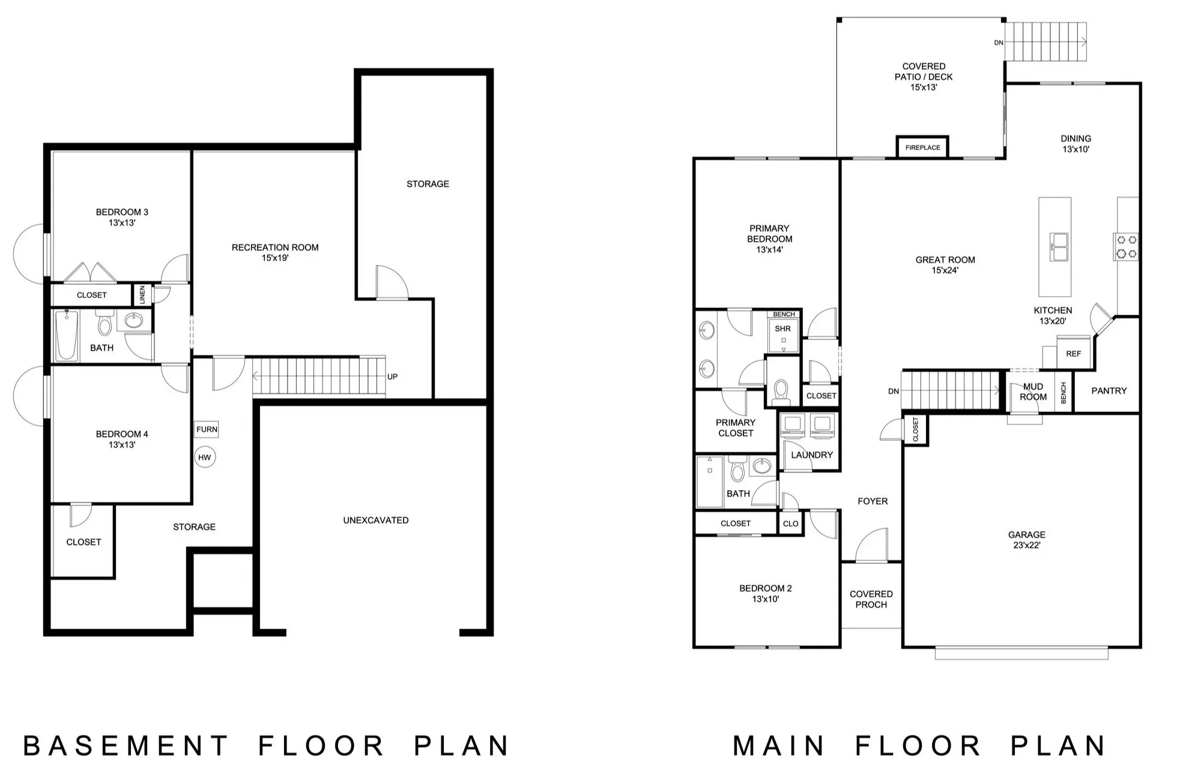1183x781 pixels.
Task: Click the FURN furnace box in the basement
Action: tap(207, 429)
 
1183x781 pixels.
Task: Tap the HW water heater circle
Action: tap(205, 457)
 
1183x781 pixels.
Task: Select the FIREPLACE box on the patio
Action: tap(922, 147)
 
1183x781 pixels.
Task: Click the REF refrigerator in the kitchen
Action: tap(1073, 354)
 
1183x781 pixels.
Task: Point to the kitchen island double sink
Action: tap(1059, 246)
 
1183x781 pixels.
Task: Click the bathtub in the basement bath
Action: tap(67, 336)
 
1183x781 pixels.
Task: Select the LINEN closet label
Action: tap(142, 294)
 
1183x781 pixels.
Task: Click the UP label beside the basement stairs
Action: tap(392, 377)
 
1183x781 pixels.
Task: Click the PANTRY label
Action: tap(1109, 391)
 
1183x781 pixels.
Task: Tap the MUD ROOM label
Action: tap(1033, 392)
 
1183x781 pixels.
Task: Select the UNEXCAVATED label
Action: tap(376, 520)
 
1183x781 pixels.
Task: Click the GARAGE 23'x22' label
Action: tap(1026, 540)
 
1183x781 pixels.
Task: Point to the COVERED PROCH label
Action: tap(871, 599)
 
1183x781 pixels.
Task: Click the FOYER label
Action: tap(873, 501)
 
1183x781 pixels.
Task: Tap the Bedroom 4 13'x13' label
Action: tap(122, 439)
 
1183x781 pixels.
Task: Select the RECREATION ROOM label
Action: tap(275, 247)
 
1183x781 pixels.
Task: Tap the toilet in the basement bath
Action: tap(104, 323)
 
